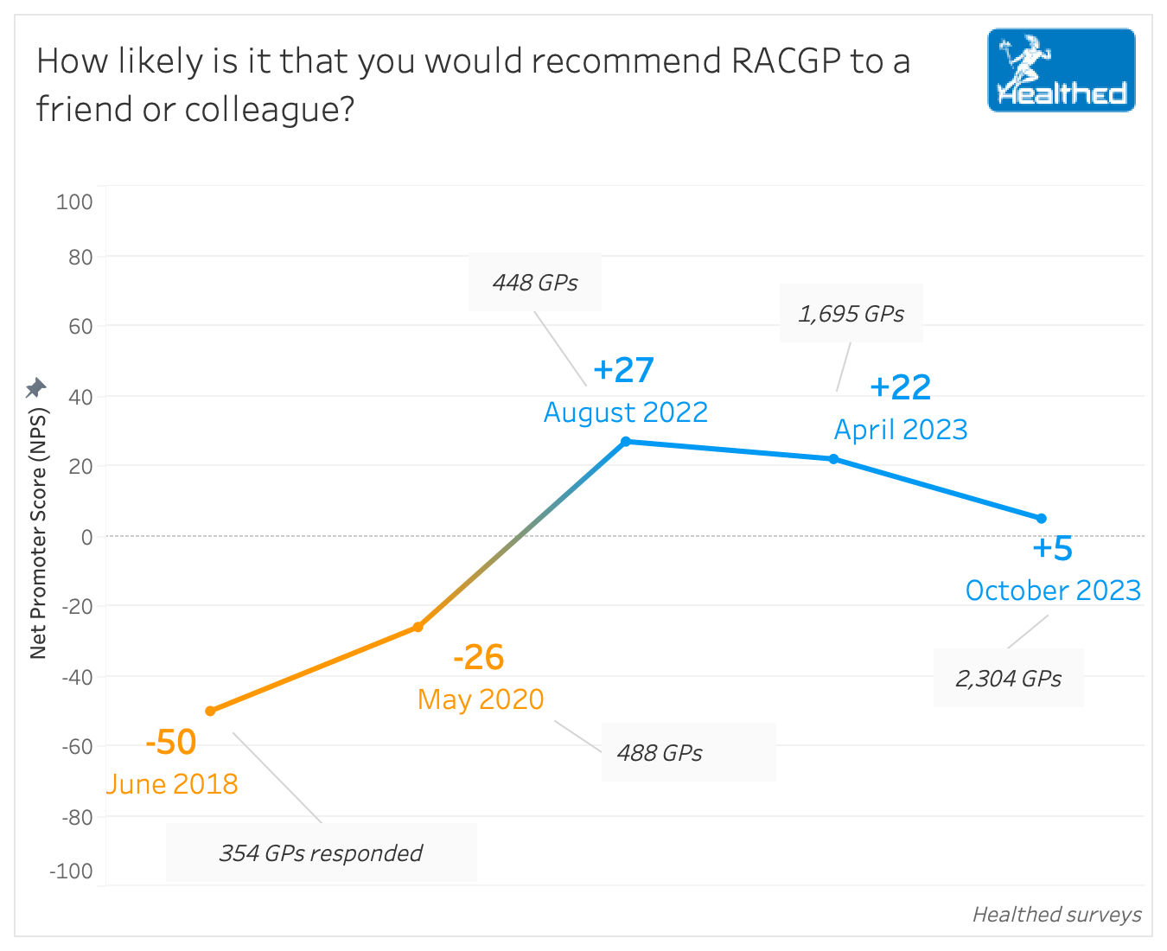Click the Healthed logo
coord(1061,70)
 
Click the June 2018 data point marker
coord(210,711)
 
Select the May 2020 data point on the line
coord(418,627)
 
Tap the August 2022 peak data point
coord(626,441)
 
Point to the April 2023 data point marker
coord(834,459)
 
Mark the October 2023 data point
coord(1042,519)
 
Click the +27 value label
coord(623,370)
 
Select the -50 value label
coord(171,742)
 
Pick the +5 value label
coord(1052,548)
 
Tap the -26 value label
coord(478,657)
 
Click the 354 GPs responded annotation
coord(321,853)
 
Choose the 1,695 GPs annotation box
coord(851,314)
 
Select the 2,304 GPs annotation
coord(1008,679)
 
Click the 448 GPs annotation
coord(535,283)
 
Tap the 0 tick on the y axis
coord(86,537)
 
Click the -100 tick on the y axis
coord(71,871)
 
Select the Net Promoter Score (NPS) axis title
coord(38,533)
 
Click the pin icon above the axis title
coord(35,387)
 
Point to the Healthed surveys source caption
coord(1056,915)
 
